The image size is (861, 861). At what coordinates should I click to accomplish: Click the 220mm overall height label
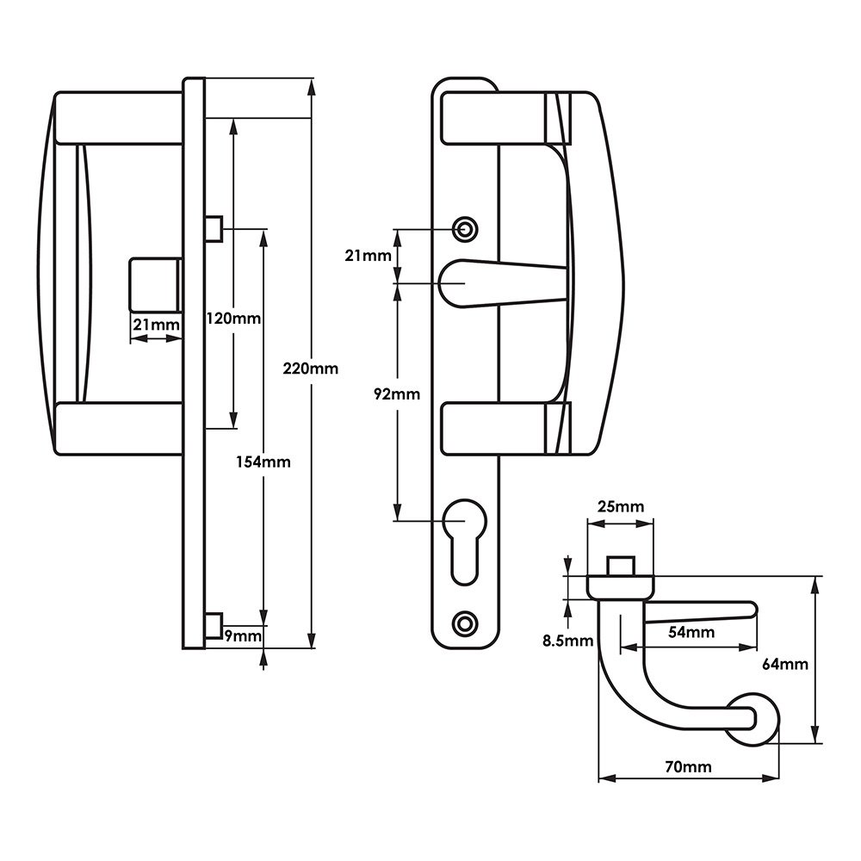pos(310,369)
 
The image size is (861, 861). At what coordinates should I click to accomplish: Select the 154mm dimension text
pos(263,461)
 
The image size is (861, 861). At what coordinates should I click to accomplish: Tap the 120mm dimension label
pos(232,319)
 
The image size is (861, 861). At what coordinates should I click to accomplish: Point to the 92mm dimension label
pos(397,394)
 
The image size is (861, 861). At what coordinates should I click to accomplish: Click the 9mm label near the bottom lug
pos(242,636)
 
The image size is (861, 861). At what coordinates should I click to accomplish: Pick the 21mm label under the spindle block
pos(155,325)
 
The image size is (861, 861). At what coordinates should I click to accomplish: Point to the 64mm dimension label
pos(785,664)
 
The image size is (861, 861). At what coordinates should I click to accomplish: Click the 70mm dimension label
pos(688,766)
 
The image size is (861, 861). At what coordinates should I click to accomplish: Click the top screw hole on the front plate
pos(465,229)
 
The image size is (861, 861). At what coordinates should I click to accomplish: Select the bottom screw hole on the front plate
pos(465,623)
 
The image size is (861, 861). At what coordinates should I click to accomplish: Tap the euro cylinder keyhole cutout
pos(465,542)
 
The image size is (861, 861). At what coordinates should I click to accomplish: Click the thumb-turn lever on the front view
pos(499,283)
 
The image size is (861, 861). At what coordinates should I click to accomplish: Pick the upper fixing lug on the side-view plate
pos(214,228)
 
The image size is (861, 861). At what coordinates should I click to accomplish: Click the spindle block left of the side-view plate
pos(155,284)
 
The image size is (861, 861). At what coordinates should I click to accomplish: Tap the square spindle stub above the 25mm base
pos(620,566)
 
